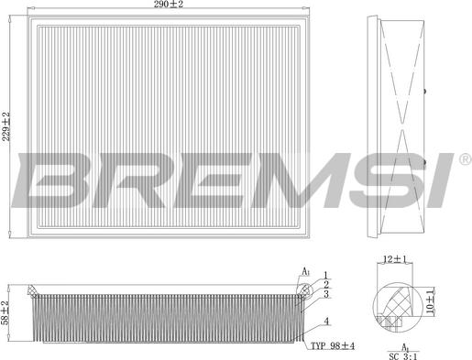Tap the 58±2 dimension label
(x=5, y=311)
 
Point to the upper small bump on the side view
(x=427, y=92)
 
